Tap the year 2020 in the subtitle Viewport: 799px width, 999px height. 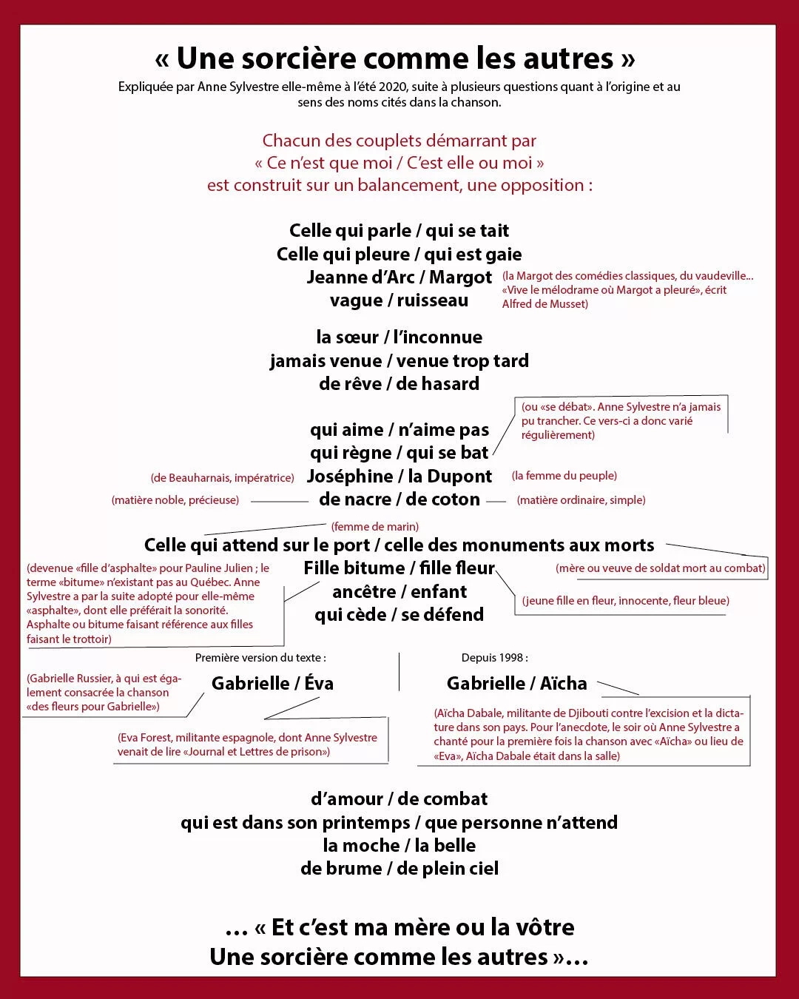tap(392, 87)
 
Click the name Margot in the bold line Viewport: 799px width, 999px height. tap(460, 277)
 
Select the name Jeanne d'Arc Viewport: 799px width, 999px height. tap(360, 277)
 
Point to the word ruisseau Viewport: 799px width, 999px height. tap(432, 300)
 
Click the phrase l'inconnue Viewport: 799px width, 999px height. tap(437, 337)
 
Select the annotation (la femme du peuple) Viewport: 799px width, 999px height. tap(564, 476)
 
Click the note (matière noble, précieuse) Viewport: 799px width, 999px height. tap(175, 500)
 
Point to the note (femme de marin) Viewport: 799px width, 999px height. tap(374, 527)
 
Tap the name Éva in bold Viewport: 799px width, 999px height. tap(319, 684)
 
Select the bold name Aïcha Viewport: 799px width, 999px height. tap(563, 684)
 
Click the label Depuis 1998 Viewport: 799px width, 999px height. tap(494, 658)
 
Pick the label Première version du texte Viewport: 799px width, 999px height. tap(260, 658)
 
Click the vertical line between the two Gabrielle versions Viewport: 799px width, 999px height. tap(399, 671)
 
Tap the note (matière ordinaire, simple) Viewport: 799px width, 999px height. tap(581, 500)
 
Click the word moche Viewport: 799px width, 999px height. tap(360, 846)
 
